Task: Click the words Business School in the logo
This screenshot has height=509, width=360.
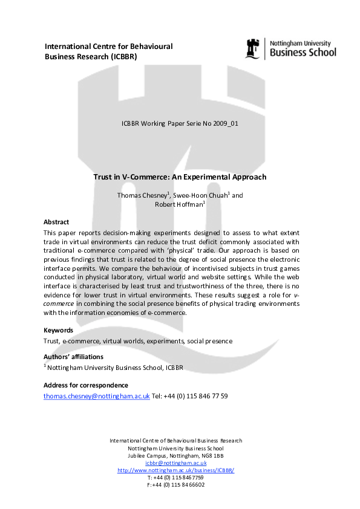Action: click(x=303, y=53)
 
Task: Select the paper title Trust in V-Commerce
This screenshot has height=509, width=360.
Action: click(x=180, y=177)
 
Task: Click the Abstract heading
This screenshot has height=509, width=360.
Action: click(x=56, y=222)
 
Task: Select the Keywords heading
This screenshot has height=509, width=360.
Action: click(x=59, y=330)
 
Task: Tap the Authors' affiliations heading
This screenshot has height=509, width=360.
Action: click(x=74, y=357)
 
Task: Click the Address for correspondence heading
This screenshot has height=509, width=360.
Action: click(x=86, y=385)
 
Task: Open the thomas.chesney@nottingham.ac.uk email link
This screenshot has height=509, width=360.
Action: click(x=96, y=396)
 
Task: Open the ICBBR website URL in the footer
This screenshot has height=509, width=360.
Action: click(x=175, y=470)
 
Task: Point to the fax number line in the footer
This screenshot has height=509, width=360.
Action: click(x=175, y=484)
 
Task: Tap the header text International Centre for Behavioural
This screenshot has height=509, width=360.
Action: click(x=109, y=47)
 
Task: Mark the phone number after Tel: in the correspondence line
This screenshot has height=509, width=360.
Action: click(x=195, y=396)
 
